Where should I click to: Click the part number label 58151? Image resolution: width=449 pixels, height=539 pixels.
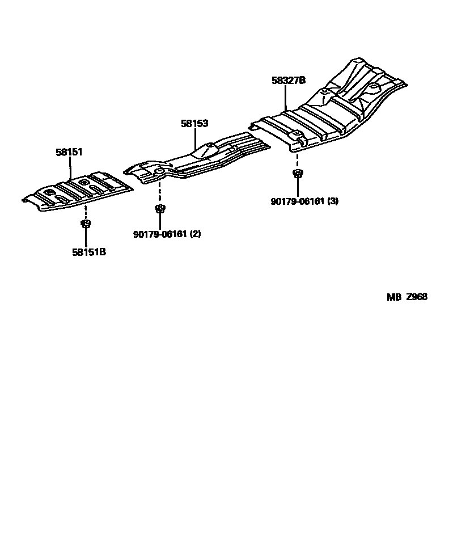click(69, 152)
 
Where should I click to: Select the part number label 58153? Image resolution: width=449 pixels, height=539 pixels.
click(194, 123)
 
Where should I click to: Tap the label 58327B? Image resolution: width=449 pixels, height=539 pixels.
click(289, 81)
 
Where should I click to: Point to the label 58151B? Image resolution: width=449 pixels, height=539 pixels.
click(89, 252)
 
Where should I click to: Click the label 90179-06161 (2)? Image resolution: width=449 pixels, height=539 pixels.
click(167, 234)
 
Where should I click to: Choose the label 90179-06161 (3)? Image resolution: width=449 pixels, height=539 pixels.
click(305, 200)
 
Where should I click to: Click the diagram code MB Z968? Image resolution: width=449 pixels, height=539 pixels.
click(407, 297)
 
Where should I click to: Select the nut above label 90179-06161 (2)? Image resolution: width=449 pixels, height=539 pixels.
click(160, 208)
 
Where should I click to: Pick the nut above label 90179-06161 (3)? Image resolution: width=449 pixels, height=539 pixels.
click(296, 173)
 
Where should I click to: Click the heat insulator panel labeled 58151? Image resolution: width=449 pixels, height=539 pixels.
click(79, 193)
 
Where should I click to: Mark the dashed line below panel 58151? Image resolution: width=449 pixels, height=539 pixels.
click(86, 212)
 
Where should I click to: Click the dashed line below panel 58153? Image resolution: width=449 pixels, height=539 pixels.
click(160, 193)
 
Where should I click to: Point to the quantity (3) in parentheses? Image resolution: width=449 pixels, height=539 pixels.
click(333, 200)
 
